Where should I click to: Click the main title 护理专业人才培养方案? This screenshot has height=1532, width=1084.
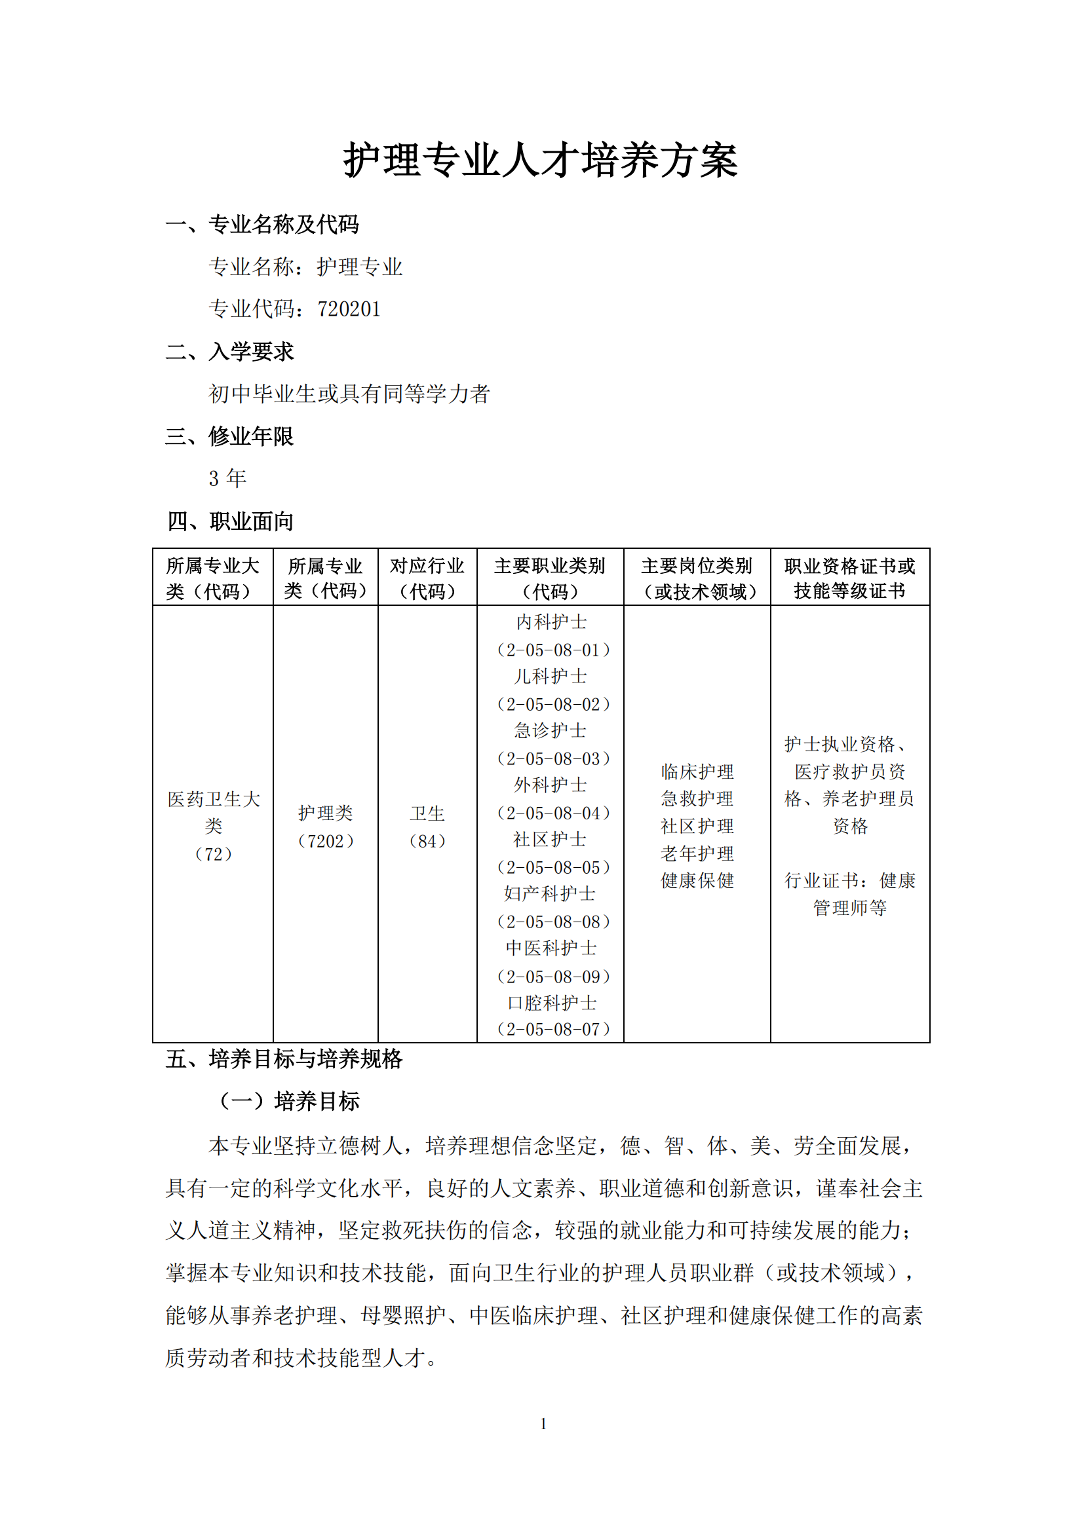[x=541, y=161]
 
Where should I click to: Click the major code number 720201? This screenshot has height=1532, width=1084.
[x=349, y=309]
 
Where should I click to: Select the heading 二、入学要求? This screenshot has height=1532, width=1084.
[x=229, y=352]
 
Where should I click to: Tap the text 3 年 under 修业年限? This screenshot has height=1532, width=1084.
[x=227, y=478]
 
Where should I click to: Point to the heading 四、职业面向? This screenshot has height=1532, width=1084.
[x=230, y=521]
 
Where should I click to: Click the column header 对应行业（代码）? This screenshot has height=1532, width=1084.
[x=427, y=578]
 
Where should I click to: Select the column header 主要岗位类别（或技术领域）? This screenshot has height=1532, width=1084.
[x=697, y=578]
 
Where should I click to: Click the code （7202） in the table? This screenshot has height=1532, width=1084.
[x=325, y=841]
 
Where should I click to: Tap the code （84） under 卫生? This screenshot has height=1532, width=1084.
[x=427, y=841]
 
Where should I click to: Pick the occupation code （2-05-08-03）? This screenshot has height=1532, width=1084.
[x=553, y=758]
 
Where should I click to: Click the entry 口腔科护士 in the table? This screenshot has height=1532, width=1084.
[x=552, y=1003]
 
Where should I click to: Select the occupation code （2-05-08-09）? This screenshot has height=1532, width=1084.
[x=553, y=977]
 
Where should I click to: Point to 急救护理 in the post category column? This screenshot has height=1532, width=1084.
[x=697, y=798]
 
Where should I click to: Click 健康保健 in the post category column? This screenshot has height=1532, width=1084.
[x=697, y=881]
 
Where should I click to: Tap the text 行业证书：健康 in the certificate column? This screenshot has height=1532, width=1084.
[x=850, y=881]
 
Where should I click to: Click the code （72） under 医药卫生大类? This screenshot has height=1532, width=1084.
[x=213, y=854]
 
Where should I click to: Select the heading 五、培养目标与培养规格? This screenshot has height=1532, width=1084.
[x=284, y=1059]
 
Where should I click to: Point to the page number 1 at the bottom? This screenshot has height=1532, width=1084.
[x=543, y=1423]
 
